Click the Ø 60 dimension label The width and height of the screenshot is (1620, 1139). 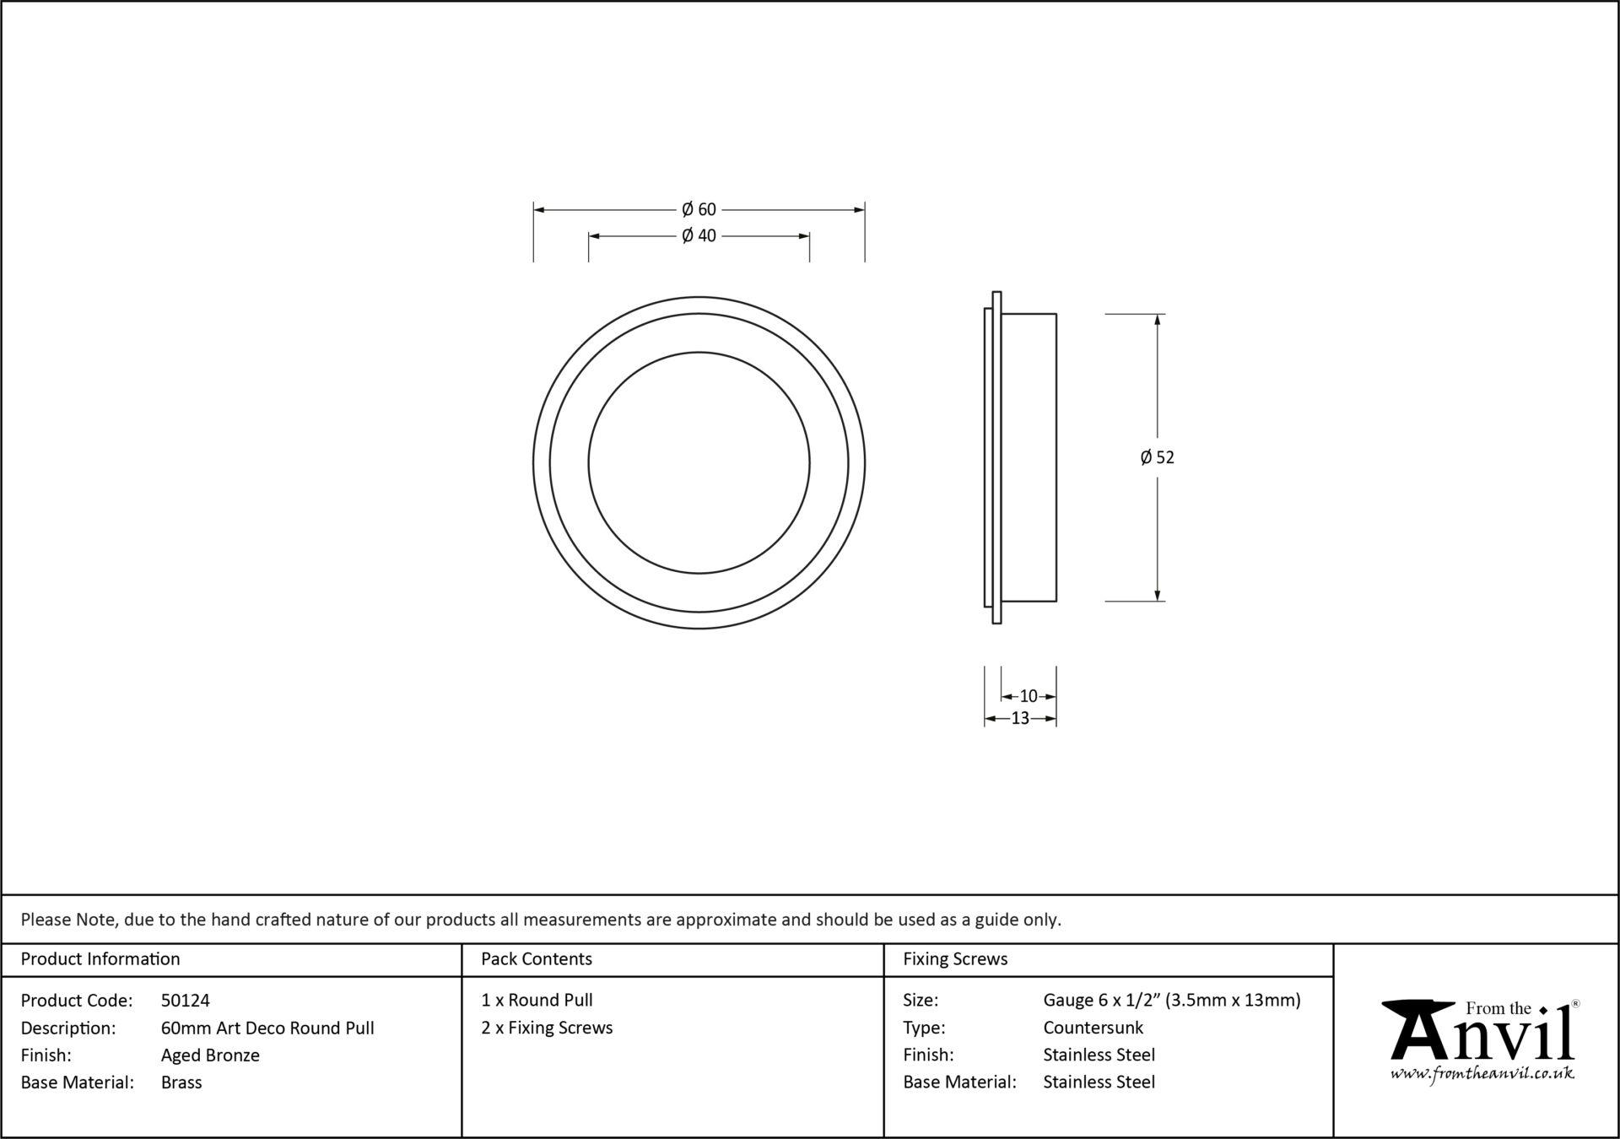(699, 209)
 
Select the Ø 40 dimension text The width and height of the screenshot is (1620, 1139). (699, 235)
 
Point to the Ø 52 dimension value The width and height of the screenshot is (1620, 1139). (1157, 457)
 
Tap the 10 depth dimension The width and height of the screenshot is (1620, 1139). (1029, 696)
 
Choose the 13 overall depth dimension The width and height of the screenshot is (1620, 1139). (1020, 718)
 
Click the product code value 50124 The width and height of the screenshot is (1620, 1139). (186, 1001)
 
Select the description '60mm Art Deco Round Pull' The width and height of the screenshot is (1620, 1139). (267, 1028)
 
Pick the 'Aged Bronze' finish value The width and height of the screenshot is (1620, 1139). (210, 1055)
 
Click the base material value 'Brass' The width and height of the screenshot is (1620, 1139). (181, 1082)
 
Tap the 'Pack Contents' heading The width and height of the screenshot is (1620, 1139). (537, 958)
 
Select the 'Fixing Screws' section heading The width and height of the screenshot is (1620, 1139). (955, 958)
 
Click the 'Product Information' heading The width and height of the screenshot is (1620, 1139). (100, 958)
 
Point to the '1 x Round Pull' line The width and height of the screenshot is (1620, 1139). (537, 1000)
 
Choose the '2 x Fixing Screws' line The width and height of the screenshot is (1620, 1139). (547, 1028)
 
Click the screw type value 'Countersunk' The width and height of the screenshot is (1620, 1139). (1093, 1028)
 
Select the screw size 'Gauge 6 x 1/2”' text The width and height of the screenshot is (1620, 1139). (1103, 1001)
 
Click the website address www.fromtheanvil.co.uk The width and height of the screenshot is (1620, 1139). (1482, 1073)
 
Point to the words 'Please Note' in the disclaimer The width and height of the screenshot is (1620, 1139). (67, 920)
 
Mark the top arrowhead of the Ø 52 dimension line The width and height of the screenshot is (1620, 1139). (1157, 320)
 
